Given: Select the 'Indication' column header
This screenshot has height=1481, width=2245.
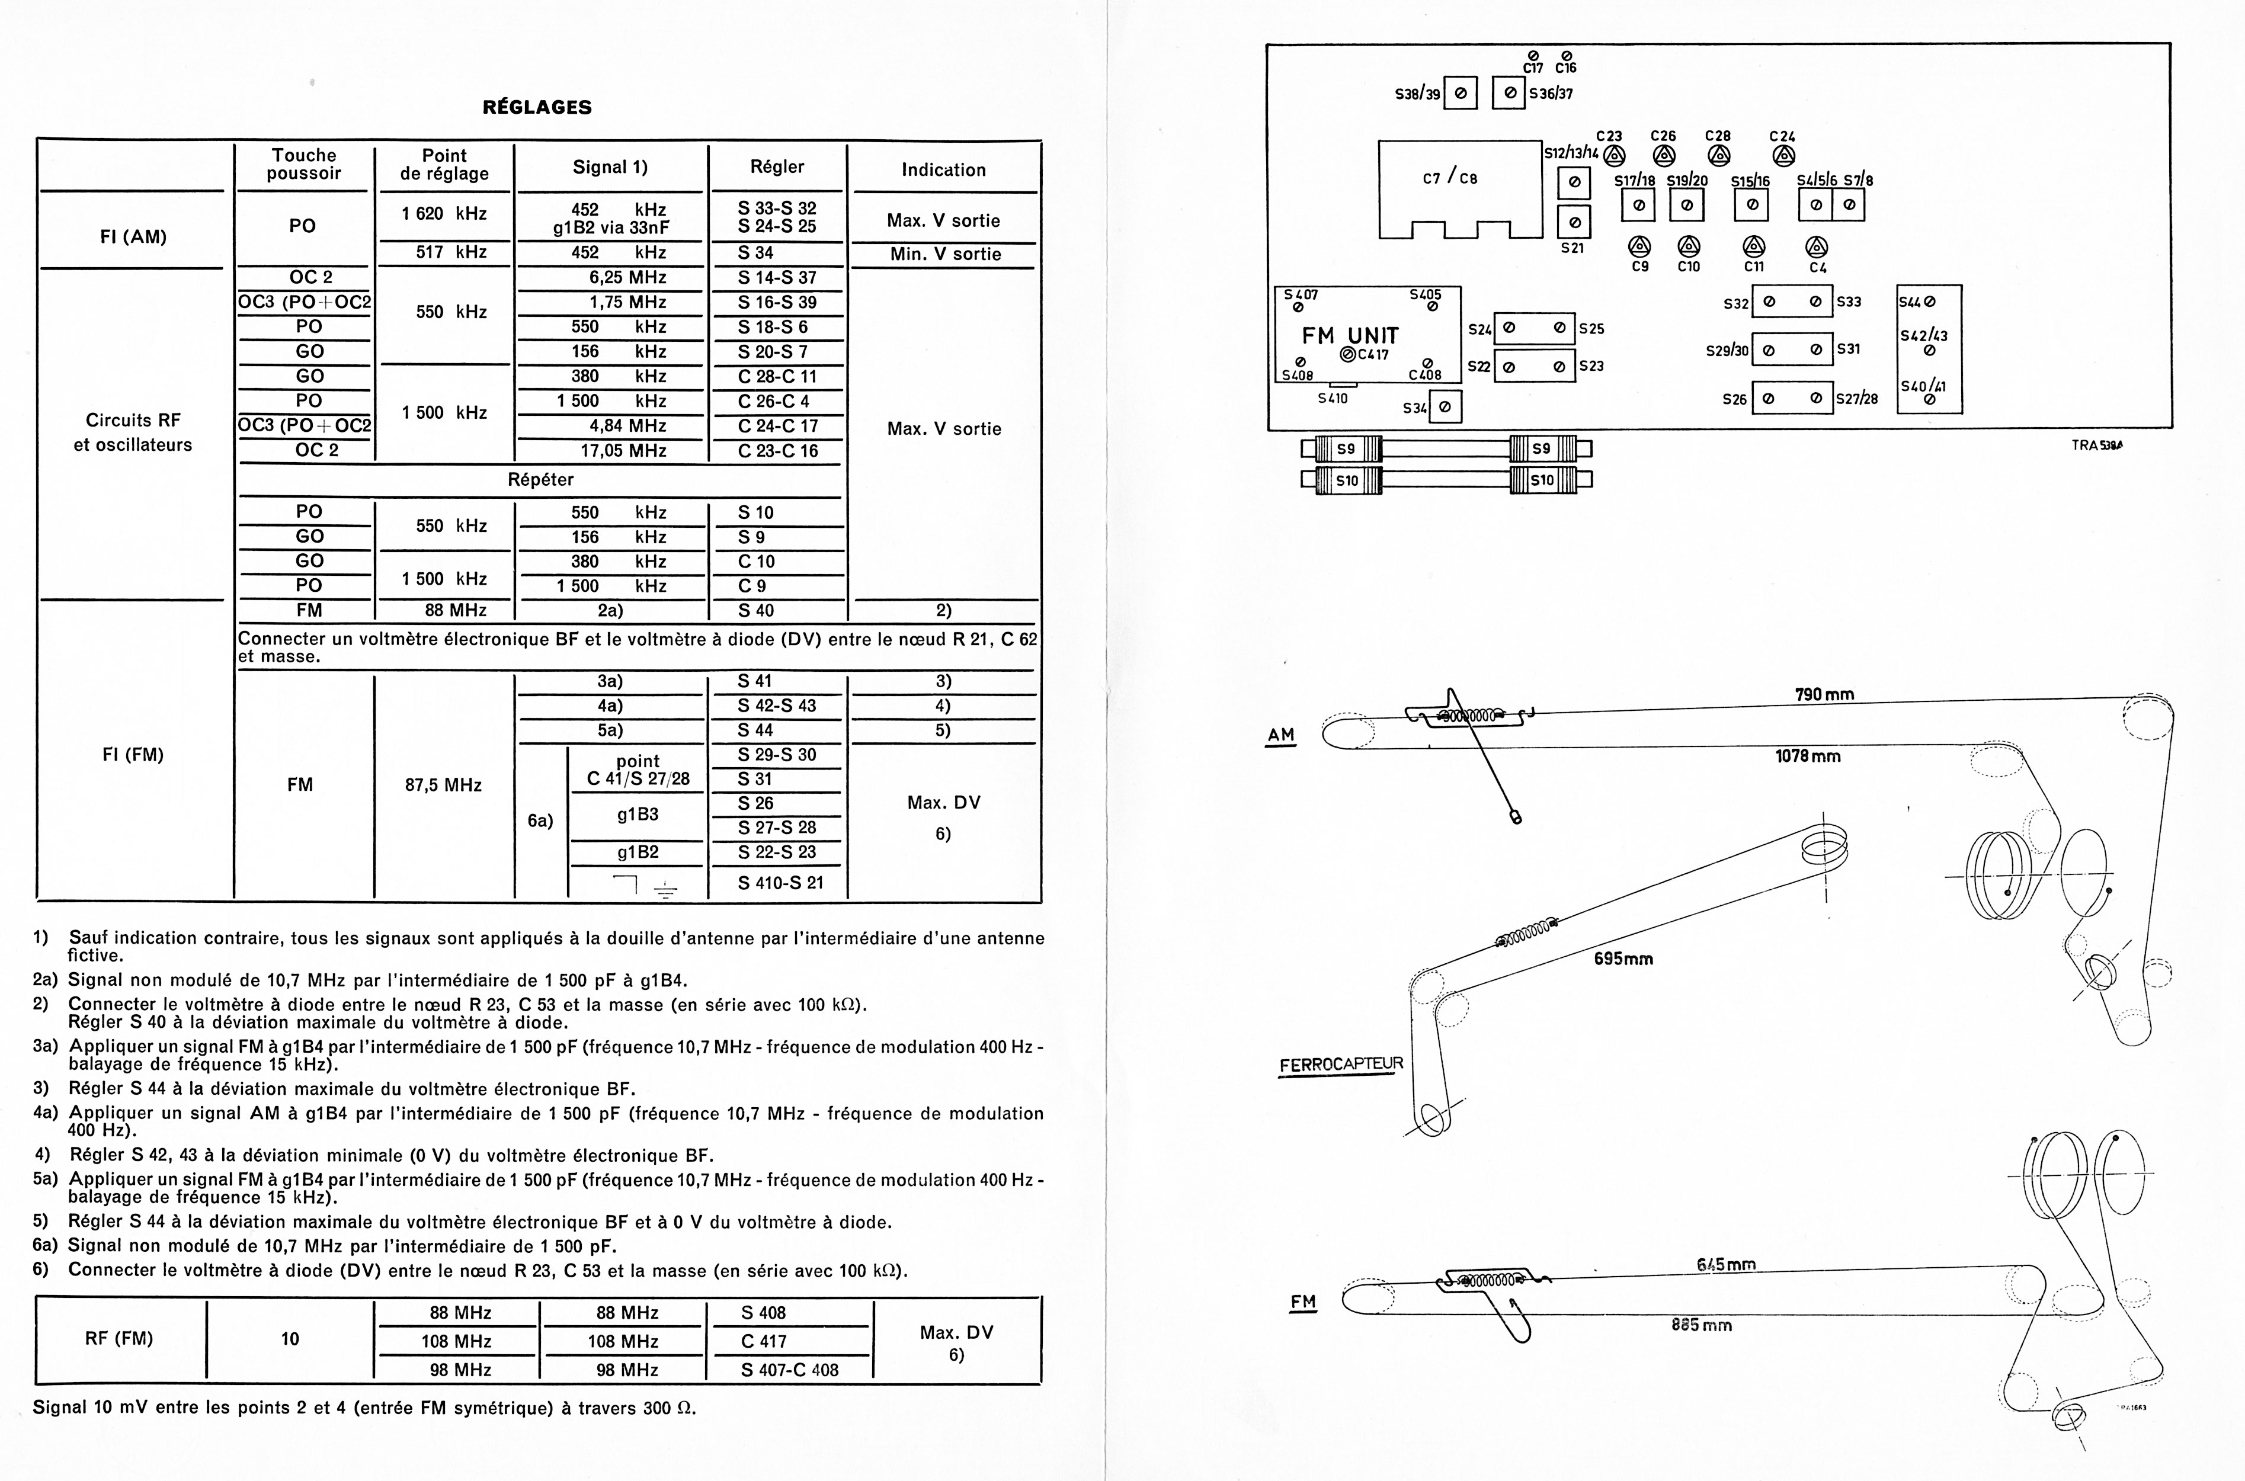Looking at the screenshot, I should click(x=943, y=170).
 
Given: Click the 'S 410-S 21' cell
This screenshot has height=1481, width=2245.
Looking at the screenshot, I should click(x=780, y=882).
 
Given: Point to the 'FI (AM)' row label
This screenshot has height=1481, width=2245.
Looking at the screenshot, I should click(x=133, y=236).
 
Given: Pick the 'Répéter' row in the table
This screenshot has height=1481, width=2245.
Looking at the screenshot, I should click(x=540, y=479).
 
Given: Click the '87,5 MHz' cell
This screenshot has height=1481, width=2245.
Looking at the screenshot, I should click(x=443, y=785).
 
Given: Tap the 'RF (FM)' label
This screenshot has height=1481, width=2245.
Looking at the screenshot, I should click(x=119, y=1338).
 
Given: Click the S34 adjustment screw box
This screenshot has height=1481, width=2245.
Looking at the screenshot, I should click(x=1445, y=407).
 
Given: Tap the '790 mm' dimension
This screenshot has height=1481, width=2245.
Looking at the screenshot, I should click(x=1824, y=695).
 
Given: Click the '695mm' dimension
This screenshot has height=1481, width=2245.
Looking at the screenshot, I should click(x=1623, y=959).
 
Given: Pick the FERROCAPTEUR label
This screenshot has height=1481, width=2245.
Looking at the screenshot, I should click(x=1340, y=1065).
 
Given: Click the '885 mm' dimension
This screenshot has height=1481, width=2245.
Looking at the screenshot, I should click(x=1701, y=1325).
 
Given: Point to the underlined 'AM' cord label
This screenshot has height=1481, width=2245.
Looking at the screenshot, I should click(x=1280, y=735).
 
